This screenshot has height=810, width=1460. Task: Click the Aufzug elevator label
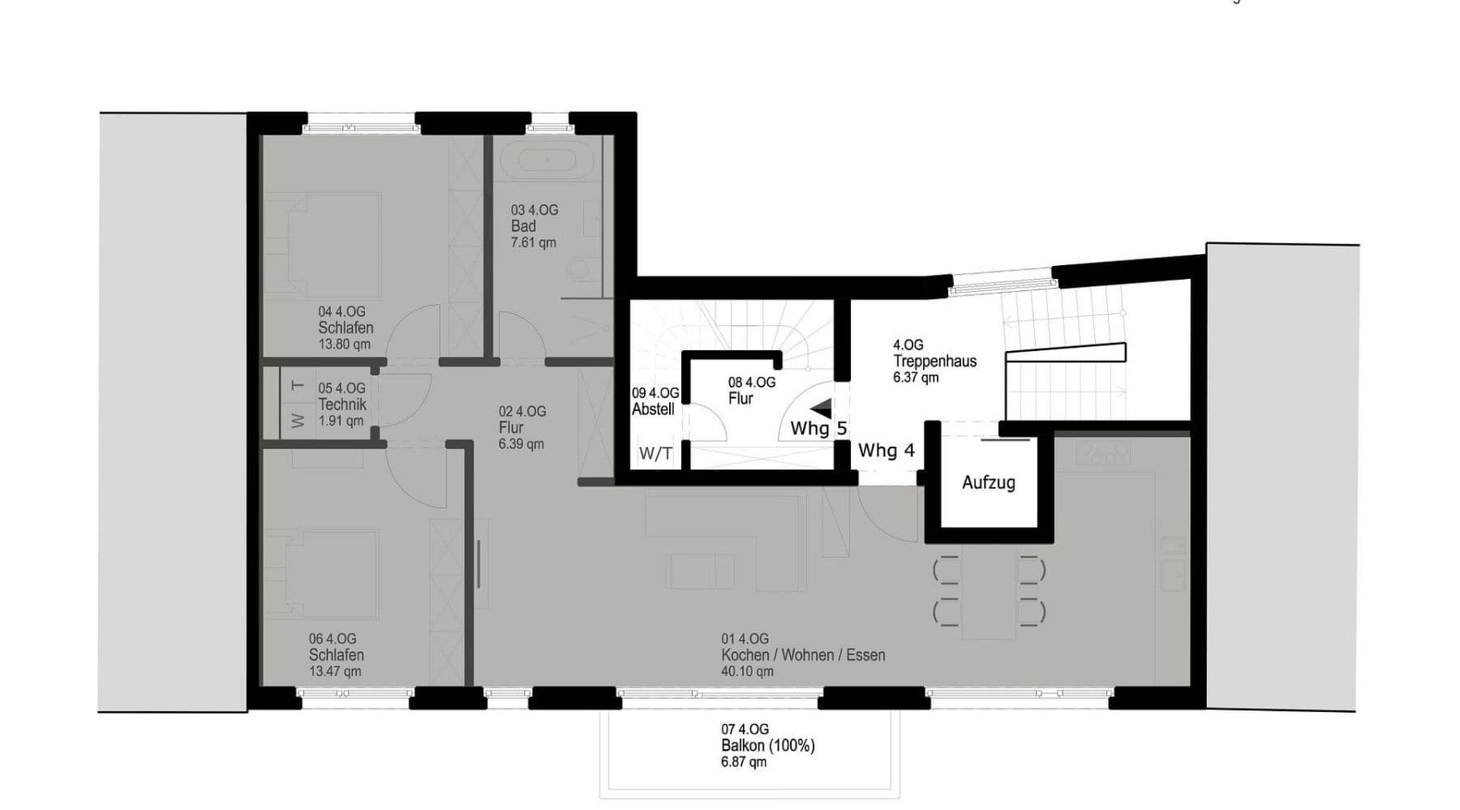(x=988, y=483)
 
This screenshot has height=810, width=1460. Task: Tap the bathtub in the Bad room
(x=547, y=159)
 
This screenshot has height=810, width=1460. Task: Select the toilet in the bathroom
(x=580, y=268)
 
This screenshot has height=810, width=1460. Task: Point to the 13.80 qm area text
(x=345, y=344)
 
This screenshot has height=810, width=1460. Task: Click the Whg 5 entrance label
(x=818, y=429)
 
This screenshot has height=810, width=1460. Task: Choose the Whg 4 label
(x=886, y=451)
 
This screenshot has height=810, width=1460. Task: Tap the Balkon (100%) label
(x=767, y=746)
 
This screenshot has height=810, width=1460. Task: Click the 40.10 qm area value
(x=747, y=671)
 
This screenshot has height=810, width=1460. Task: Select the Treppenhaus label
(x=934, y=362)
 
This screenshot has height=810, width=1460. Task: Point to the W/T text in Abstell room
(x=655, y=454)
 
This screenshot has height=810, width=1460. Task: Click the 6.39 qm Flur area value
(x=521, y=444)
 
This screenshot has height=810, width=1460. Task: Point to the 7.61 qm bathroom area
(x=533, y=242)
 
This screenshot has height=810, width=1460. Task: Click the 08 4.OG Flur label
(x=751, y=391)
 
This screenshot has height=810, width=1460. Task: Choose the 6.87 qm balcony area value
(x=743, y=762)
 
